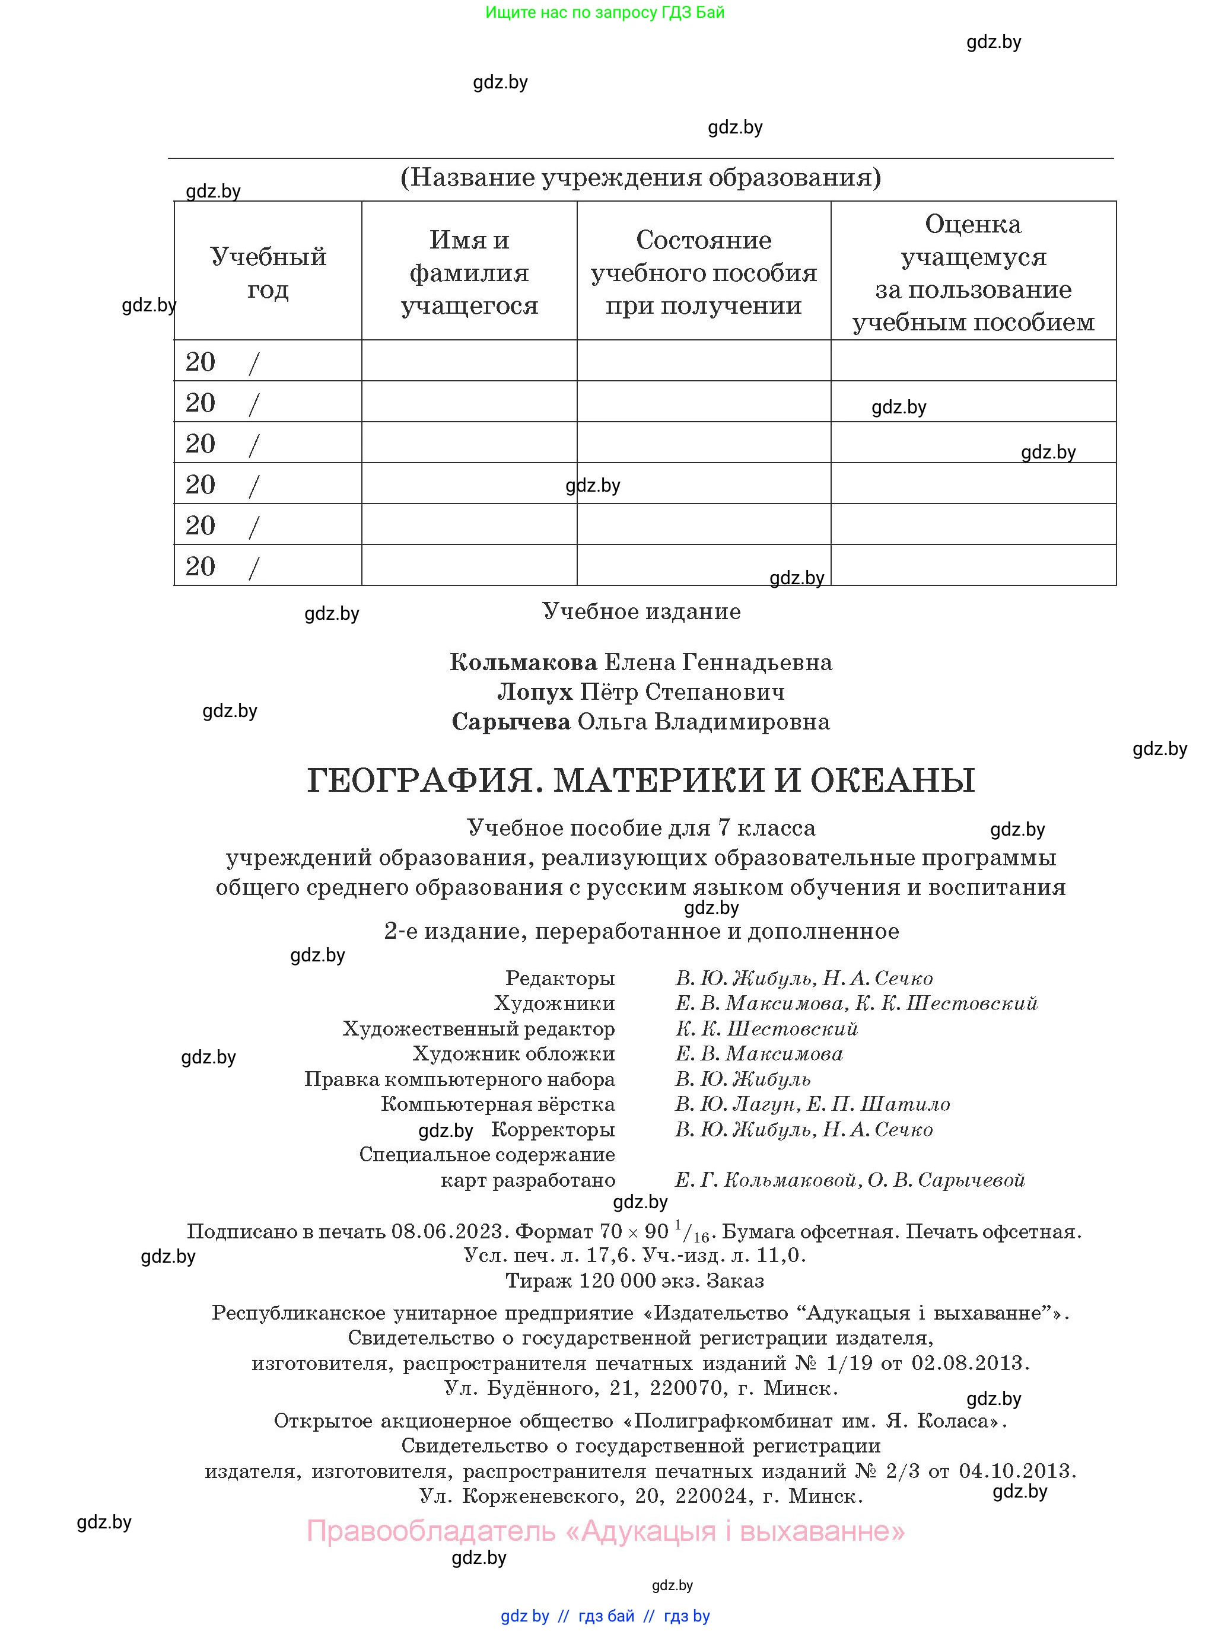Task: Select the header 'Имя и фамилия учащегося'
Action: [x=469, y=272]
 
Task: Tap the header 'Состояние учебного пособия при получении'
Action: [x=704, y=272]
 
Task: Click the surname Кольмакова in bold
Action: [x=523, y=662]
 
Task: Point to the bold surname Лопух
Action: [x=535, y=692]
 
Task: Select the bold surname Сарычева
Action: [x=511, y=722]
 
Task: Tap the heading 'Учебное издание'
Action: [x=641, y=611]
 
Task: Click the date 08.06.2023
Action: [x=447, y=1231]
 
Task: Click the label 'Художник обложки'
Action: [x=514, y=1054]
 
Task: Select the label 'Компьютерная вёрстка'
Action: [x=497, y=1104]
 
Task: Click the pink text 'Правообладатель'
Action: [x=431, y=1531]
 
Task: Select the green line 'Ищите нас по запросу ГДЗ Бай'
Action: [x=605, y=12]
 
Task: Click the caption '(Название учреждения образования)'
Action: [x=641, y=177]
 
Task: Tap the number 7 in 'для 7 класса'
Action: [x=724, y=828]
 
